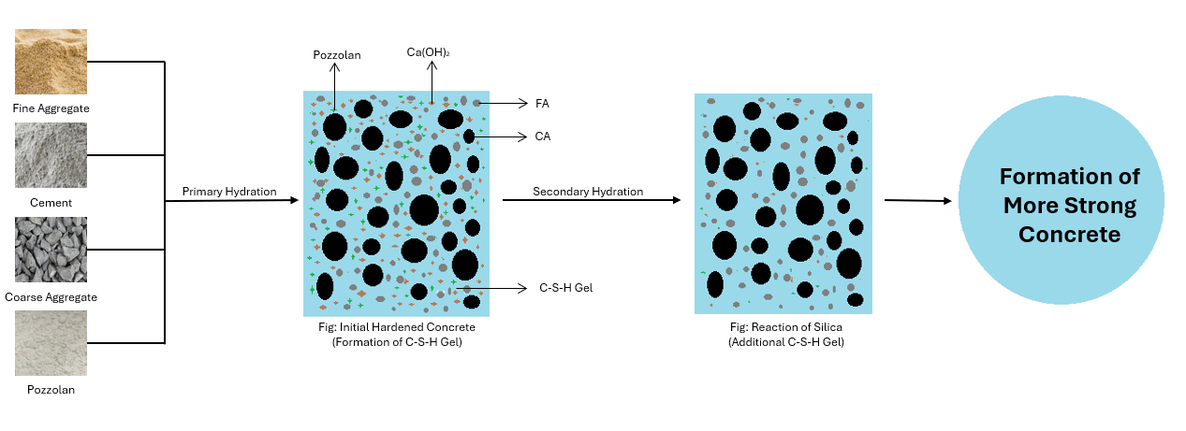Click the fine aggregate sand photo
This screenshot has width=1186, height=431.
click(51, 62)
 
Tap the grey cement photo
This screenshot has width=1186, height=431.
click(51, 155)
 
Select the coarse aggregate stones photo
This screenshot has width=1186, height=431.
click(51, 250)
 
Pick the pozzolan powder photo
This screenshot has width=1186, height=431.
click(51, 343)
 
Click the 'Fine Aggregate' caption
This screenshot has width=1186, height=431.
click(51, 108)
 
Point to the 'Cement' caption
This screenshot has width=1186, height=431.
click(51, 202)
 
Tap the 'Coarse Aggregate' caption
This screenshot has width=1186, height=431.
click(51, 297)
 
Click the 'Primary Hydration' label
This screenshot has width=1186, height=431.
click(229, 192)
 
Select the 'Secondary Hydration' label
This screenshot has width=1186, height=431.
click(588, 192)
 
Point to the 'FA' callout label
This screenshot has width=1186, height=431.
click(542, 103)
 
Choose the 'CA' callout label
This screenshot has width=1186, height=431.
click(542, 136)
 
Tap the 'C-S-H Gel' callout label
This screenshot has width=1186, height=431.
click(566, 288)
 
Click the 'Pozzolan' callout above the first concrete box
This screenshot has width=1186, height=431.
click(336, 56)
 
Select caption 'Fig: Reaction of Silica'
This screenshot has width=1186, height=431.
click(783, 327)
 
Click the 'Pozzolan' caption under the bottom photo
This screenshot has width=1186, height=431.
click(51, 390)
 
